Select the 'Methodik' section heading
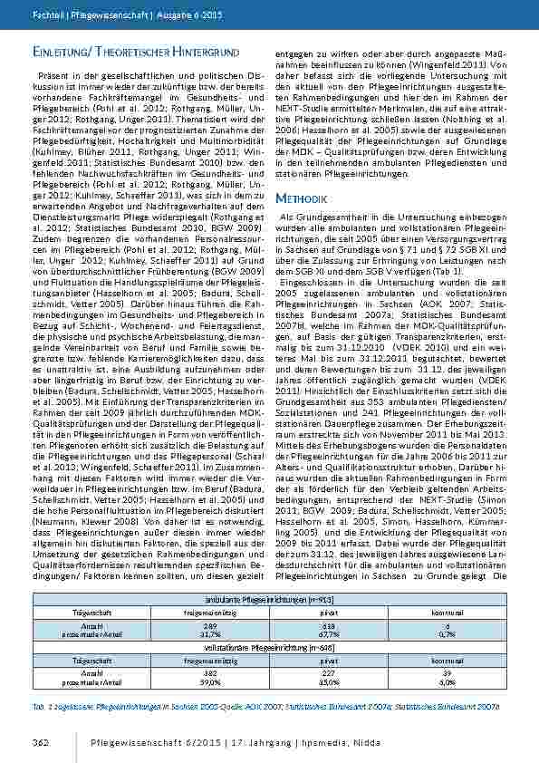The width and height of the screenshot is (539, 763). coord(301,196)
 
